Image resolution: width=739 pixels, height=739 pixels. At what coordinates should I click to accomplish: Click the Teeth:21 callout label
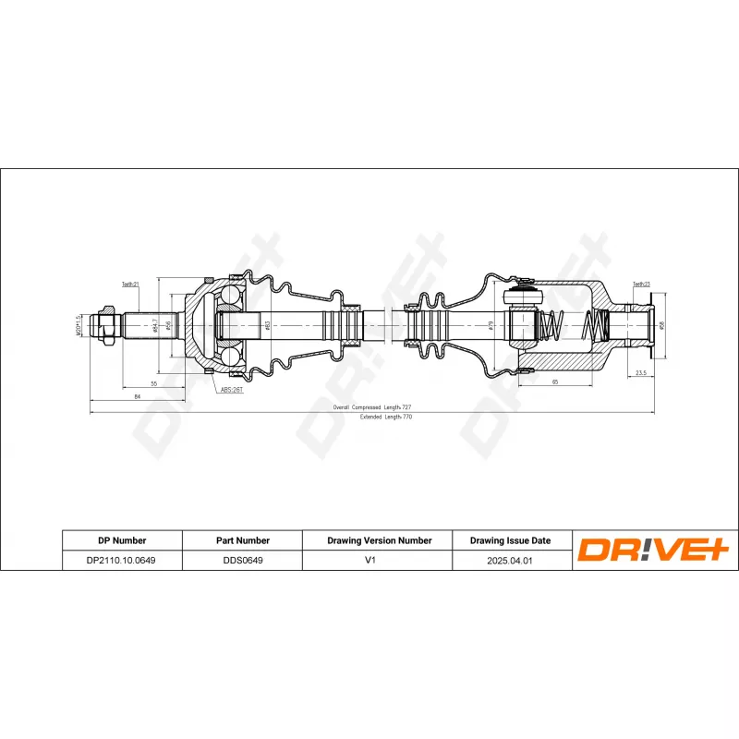coord(130,285)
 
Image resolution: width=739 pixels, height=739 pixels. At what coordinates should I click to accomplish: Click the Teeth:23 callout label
coord(642,285)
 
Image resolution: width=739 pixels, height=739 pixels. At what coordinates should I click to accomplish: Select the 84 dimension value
coord(136,396)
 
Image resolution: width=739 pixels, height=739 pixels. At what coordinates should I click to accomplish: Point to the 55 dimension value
coord(153,382)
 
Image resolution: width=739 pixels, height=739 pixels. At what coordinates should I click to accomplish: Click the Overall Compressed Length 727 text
coord(372,407)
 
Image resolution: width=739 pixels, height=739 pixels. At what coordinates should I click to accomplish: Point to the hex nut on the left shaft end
coord(108,326)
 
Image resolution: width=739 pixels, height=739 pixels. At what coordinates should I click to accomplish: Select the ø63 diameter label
coord(266,325)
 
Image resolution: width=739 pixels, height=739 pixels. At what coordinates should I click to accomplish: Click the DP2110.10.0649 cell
coord(121,559)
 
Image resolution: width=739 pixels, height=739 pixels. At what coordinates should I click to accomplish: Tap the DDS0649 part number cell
coord(240,559)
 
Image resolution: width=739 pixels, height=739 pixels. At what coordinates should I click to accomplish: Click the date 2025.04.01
coord(510,559)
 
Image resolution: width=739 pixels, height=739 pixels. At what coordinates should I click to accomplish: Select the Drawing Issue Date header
coord(510,540)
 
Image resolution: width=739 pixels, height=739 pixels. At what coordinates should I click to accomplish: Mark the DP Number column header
coord(121,540)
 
